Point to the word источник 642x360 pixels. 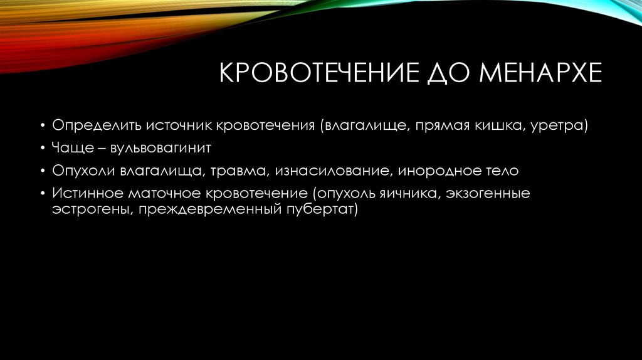pyautogui.click(x=180, y=125)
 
